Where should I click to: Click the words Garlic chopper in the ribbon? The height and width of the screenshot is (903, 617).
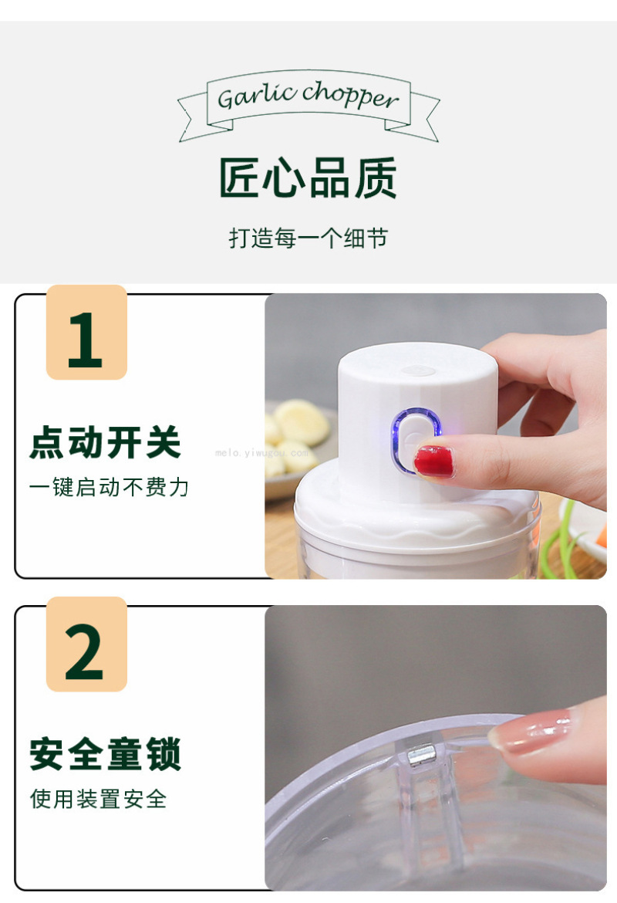point(308,96)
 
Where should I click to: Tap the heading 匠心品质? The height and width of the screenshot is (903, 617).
point(308,178)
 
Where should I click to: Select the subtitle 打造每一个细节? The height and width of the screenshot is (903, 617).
point(308,238)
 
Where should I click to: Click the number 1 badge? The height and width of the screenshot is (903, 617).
point(86,333)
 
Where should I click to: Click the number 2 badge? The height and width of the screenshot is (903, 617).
point(86,644)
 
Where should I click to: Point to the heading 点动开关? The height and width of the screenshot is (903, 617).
point(106,442)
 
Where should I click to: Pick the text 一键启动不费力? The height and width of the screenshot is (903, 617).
point(110,487)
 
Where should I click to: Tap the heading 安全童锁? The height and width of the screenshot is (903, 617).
point(106,754)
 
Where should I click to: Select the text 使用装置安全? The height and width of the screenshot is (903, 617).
point(99,799)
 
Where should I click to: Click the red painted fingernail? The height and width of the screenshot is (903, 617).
point(434,462)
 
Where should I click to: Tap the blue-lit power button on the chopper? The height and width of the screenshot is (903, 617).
point(416,439)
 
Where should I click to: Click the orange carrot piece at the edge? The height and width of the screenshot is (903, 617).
point(601,535)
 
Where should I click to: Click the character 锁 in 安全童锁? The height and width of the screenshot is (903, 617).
point(164,754)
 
